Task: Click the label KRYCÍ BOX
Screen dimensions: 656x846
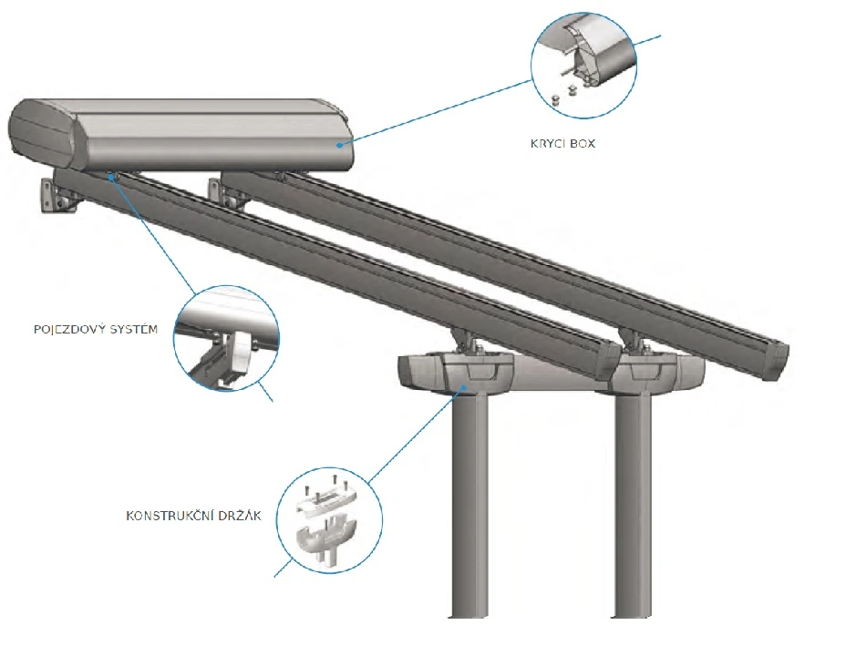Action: click(x=562, y=143)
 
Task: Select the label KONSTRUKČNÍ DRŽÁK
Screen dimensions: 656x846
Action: click(x=193, y=517)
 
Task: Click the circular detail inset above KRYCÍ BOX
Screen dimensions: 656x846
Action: click(x=584, y=64)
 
